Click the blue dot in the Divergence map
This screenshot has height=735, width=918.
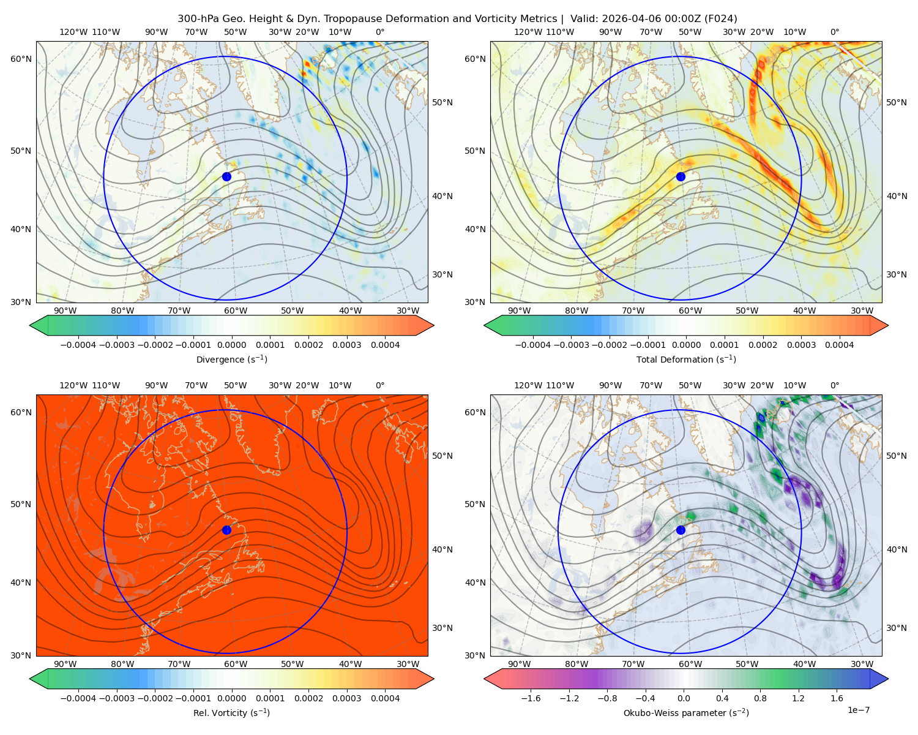click(226, 176)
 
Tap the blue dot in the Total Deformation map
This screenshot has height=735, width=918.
click(681, 176)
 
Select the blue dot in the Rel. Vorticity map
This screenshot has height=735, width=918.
click(226, 530)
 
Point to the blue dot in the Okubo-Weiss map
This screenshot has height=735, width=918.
click(681, 530)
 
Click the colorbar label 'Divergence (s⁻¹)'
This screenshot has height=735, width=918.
click(231, 359)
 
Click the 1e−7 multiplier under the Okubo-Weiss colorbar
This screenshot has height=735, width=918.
click(858, 710)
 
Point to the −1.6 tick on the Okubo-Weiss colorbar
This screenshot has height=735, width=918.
click(531, 698)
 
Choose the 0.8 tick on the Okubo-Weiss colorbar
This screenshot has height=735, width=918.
click(760, 698)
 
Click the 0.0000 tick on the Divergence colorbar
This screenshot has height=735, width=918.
click(231, 345)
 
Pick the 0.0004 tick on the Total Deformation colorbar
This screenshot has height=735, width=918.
click(839, 345)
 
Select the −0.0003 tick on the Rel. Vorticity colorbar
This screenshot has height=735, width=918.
click(116, 698)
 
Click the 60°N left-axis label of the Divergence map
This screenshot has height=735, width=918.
click(21, 59)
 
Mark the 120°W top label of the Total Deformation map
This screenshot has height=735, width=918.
click(528, 32)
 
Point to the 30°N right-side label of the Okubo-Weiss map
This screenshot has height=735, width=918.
click(896, 627)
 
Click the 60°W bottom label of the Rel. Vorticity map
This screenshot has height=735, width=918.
click(236, 664)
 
